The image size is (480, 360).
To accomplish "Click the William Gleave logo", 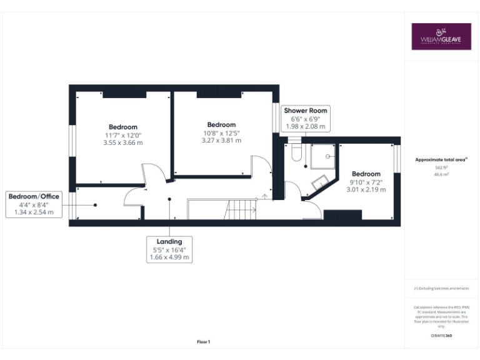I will click(441, 36).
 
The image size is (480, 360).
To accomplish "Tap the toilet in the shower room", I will click(296, 152).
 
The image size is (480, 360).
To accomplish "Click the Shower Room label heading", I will click(306, 111).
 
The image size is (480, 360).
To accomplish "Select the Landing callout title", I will click(169, 241).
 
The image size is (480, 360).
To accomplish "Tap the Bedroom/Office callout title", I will click(34, 196).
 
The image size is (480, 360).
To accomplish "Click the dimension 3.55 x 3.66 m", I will click(123, 142).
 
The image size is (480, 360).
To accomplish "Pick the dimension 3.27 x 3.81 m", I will click(221, 140).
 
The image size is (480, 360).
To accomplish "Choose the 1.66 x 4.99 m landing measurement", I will click(169, 257).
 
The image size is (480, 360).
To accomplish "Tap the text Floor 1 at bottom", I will click(204, 342).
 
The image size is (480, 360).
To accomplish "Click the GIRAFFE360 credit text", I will click(441, 336).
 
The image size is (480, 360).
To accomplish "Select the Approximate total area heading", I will click(441, 160).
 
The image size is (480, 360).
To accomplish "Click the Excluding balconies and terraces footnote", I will click(441, 288).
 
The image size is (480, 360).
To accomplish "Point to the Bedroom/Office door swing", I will click(132, 197).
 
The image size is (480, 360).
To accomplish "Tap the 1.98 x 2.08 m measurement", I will click(306, 126).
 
